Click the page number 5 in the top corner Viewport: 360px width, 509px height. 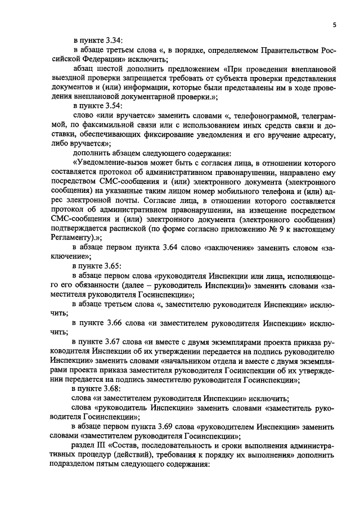[334, 25]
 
